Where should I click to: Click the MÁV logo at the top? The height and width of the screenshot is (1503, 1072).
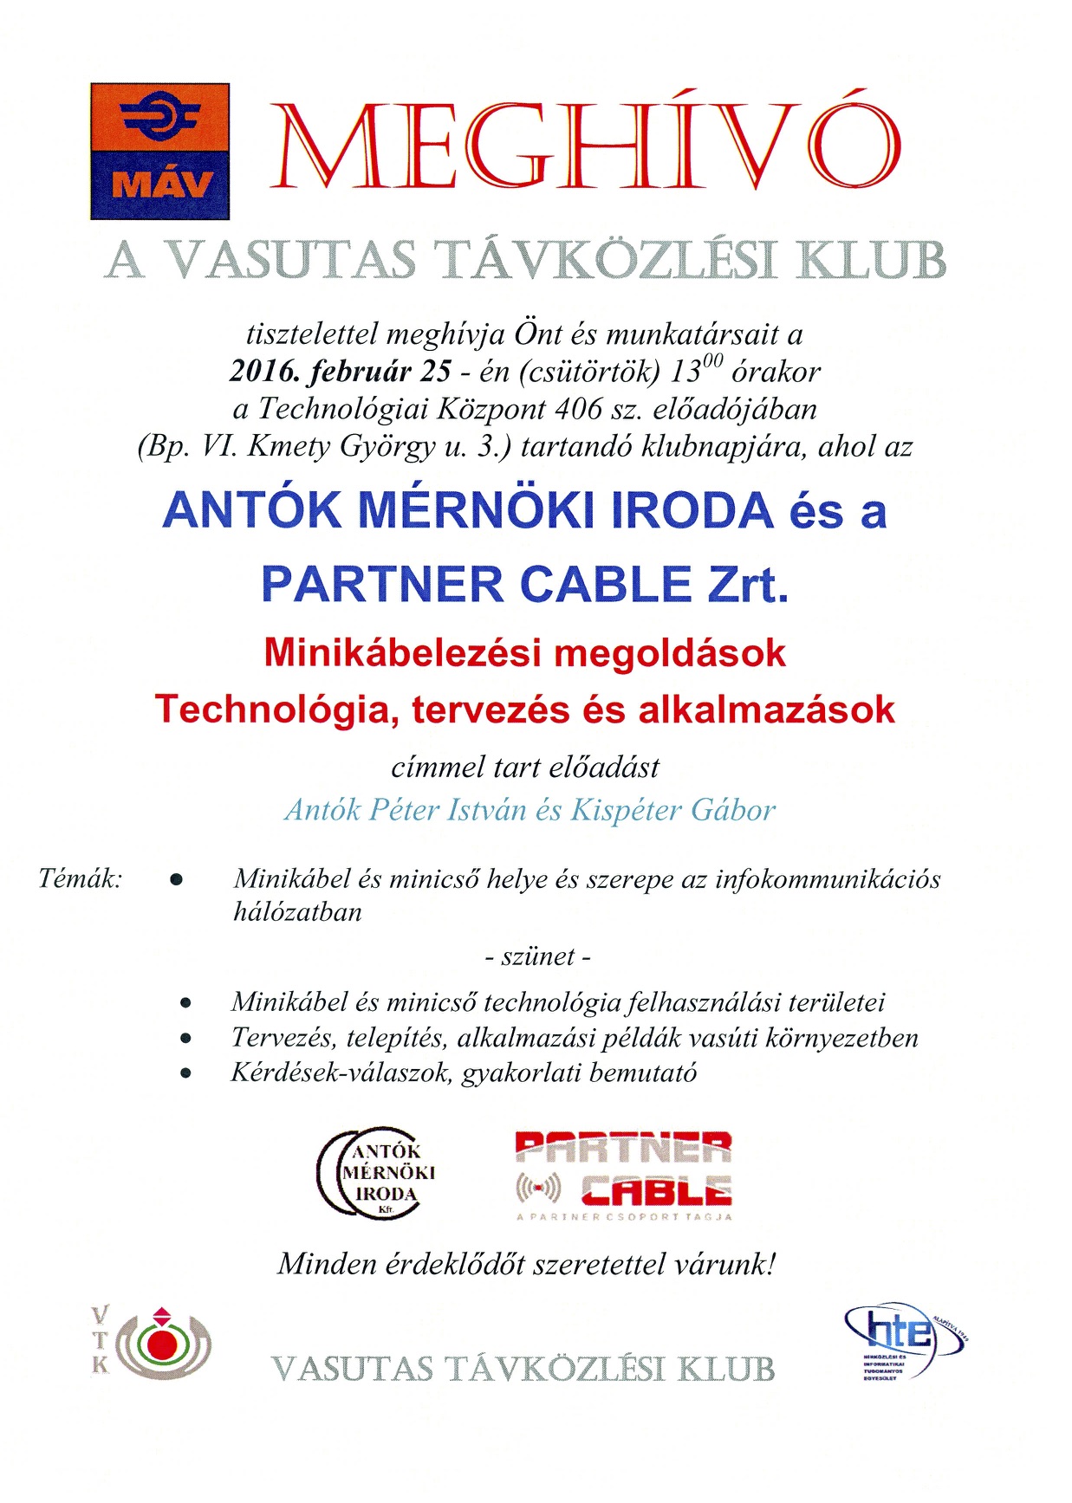160,151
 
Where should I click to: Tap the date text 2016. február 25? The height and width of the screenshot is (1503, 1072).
340,372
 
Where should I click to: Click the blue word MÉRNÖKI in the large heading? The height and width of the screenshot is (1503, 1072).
477,510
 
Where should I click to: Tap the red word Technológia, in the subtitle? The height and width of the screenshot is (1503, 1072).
277,709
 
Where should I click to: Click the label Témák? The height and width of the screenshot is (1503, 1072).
81,878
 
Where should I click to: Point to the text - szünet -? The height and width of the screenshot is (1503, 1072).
537,956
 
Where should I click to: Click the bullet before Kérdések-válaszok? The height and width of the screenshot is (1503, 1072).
185,1073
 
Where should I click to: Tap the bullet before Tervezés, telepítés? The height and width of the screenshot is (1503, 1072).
185,1038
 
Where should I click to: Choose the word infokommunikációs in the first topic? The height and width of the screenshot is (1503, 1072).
828,878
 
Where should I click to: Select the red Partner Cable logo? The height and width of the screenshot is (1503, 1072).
624,1174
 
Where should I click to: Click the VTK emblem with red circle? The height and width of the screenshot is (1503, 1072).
154,1341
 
